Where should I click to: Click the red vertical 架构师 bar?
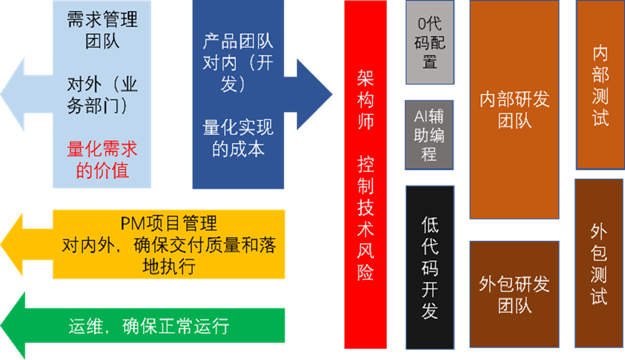[365, 174]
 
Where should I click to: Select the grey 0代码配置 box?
[429, 42]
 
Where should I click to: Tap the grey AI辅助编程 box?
[429, 135]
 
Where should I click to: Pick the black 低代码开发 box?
[429, 267]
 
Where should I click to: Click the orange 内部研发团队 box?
[514, 109]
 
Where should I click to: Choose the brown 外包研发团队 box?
[514, 294]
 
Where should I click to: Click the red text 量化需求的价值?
[102, 159]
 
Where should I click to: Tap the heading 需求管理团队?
[102, 30]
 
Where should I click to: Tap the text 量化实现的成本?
[238, 138]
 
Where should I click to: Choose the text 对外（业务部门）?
[102, 95]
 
